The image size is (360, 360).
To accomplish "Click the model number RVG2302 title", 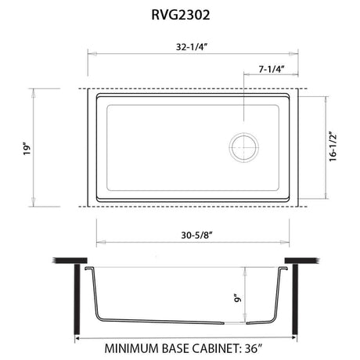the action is (x=181, y=15).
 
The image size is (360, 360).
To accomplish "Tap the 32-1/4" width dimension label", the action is (x=192, y=47).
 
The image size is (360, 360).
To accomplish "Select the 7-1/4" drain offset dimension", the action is (x=272, y=69).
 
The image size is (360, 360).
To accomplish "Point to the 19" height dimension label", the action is (x=27, y=149).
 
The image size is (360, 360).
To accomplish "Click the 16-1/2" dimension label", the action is (x=333, y=146).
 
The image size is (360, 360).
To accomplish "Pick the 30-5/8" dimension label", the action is (x=197, y=236).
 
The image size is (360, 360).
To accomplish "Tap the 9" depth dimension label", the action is (x=237, y=298).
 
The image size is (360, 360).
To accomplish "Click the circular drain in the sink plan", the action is (x=244, y=147).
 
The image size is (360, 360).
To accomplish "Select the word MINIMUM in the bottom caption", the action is (x=131, y=348).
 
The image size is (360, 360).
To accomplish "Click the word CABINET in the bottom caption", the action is (x=215, y=348).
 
